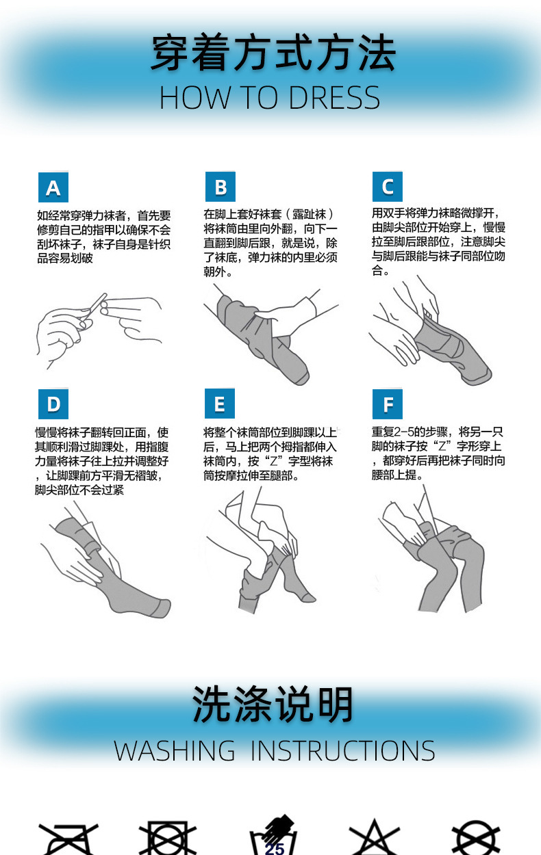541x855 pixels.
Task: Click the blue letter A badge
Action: tap(53, 187)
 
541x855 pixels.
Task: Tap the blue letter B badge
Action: tap(221, 187)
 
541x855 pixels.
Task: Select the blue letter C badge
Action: tap(388, 187)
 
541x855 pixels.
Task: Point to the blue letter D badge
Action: tap(53, 404)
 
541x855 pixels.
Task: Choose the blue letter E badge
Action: tap(220, 404)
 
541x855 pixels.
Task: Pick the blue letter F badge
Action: tap(388, 404)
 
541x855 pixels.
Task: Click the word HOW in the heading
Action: tap(195, 98)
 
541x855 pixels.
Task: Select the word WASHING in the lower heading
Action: tap(174, 751)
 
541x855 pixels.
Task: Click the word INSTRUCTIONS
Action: tap(342, 751)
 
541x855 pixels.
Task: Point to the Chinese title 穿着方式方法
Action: tap(273, 53)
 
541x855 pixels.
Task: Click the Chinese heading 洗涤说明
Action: tap(272, 705)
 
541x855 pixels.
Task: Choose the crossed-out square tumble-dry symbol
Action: tap(167, 839)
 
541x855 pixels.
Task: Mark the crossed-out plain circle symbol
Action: tap(476, 839)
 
